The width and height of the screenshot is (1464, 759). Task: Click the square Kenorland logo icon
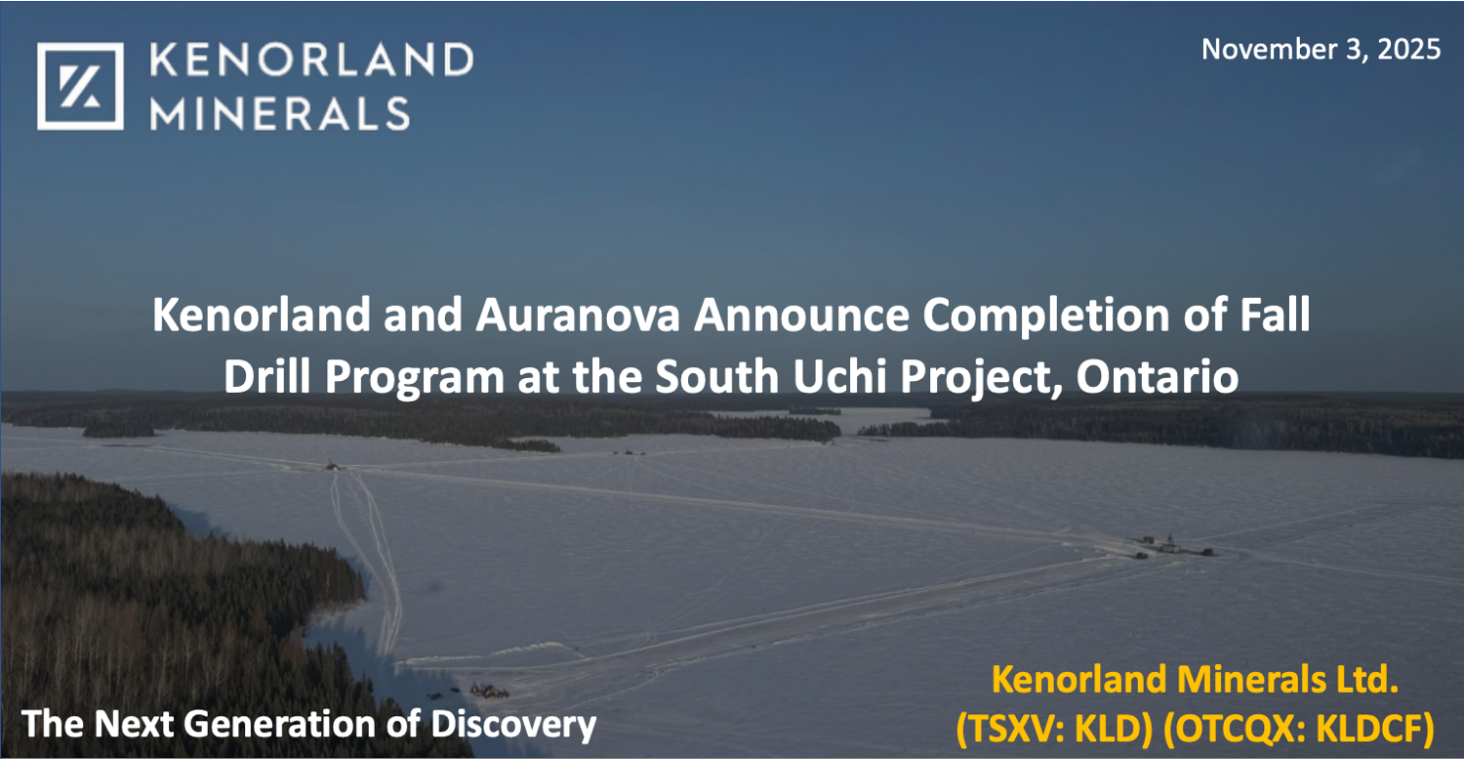(80, 86)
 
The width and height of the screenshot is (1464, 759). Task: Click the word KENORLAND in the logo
(310, 61)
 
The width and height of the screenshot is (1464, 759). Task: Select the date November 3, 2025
(1321, 49)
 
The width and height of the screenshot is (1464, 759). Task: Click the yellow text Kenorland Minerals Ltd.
(1195, 680)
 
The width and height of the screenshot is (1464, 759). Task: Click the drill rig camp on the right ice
(1171, 545)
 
